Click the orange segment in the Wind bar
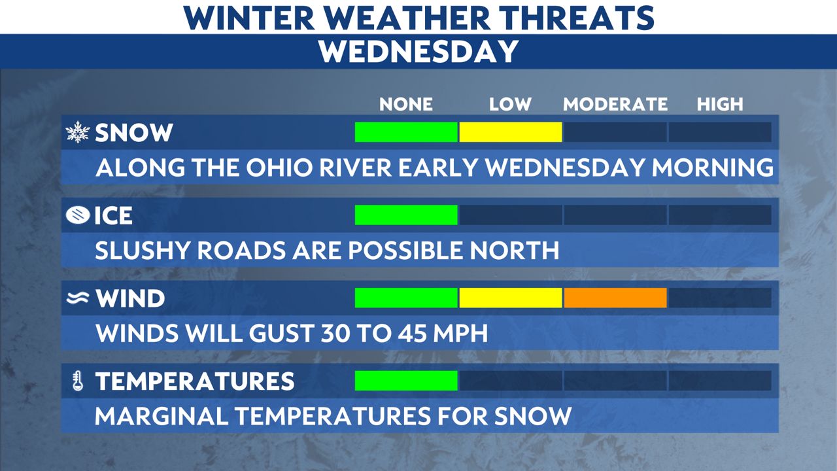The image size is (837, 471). [615, 298]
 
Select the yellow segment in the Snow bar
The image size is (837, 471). [511, 132]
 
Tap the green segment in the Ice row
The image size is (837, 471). [406, 215]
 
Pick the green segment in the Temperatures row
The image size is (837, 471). [406, 381]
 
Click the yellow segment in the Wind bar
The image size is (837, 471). [511, 298]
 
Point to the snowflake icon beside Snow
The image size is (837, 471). [78, 132]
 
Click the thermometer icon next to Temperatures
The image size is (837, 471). [78, 381]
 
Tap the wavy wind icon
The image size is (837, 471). [78, 298]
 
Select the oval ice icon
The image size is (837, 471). [78, 215]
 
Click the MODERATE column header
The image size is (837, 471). [615, 104]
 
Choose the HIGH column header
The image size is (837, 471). [720, 104]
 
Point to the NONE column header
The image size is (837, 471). [406, 104]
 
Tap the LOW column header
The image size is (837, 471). [511, 104]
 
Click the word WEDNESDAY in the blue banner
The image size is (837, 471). [418, 51]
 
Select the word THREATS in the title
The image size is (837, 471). [577, 17]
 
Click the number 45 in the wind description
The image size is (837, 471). [412, 333]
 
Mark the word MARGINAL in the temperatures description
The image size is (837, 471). [162, 416]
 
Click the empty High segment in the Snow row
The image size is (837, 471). [720, 132]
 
